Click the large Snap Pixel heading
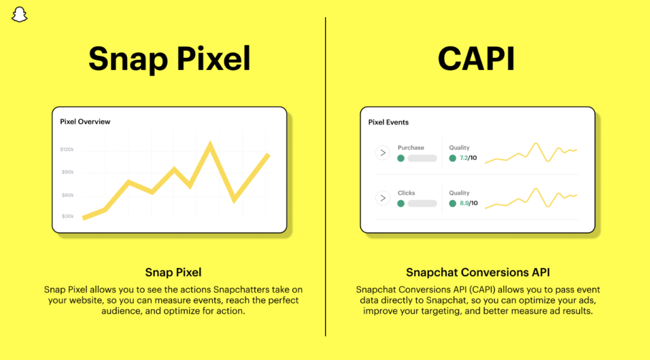[x=169, y=59]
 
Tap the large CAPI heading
[x=476, y=59]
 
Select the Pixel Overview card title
[x=85, y=121]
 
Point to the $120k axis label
[x=67, y=150]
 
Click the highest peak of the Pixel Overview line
[x=209, y=145]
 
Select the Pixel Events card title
[x=388, y=122]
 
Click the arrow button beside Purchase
[x=382, y=152]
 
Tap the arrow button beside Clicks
[x=382, y=198]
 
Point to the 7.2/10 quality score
[x=468, y=158]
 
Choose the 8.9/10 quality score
[x=468, y=203]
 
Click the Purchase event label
[x=411, y=147]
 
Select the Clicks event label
[x=406, y=193]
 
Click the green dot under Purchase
[x=401, y=158]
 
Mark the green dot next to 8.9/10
[x=453, y=203]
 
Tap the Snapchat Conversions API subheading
[x=478, y=273]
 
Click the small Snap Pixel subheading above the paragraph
[x=173, y=273]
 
